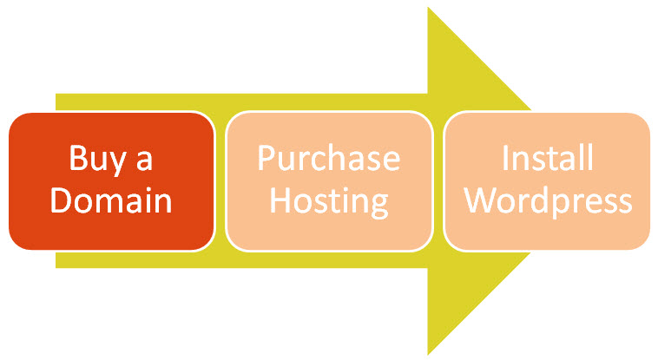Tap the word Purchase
[x=329, y=160]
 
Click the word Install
[x=547, y=160]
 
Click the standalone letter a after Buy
[x=142, y=161]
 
